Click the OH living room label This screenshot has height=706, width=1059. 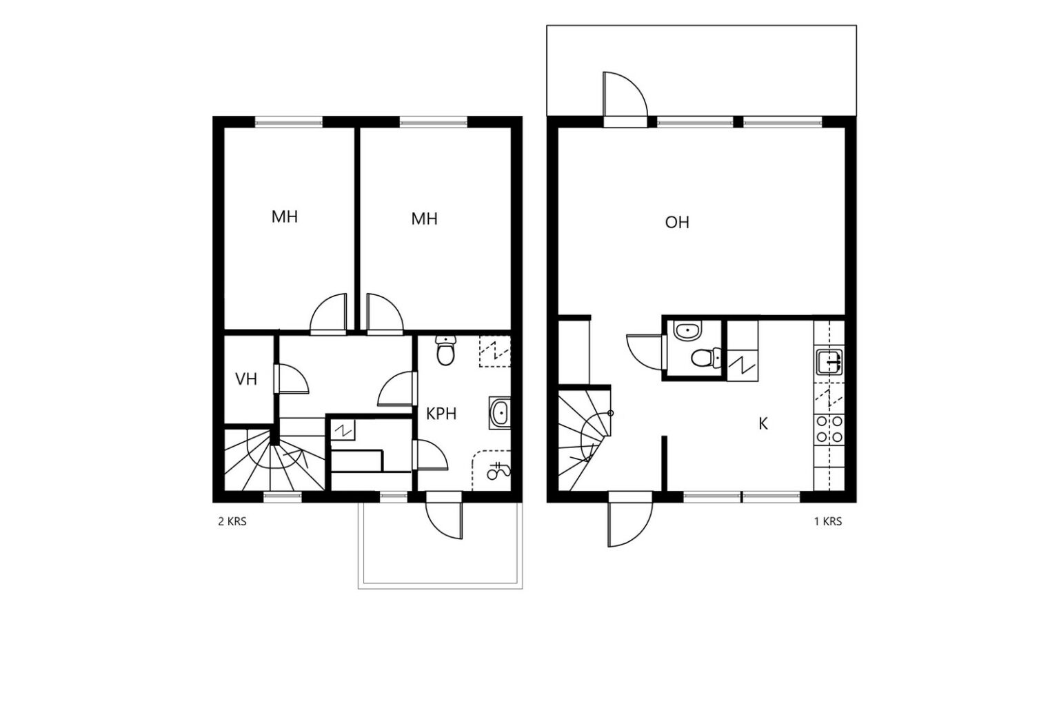676,222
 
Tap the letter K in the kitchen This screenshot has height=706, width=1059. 763,424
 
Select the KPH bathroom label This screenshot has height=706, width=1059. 441,414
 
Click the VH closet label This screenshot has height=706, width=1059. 246,379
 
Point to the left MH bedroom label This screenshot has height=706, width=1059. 284,216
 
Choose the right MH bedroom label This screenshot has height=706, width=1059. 424,219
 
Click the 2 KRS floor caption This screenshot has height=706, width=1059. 232,522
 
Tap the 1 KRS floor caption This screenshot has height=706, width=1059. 828,522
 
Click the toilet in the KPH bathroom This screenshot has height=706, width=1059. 445,350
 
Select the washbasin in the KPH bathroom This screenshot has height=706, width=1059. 500,413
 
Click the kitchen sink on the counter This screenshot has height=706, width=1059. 829,362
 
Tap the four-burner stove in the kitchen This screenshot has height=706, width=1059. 829,429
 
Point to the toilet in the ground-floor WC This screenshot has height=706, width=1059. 706,358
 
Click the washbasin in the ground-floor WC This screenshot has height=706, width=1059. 688,330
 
